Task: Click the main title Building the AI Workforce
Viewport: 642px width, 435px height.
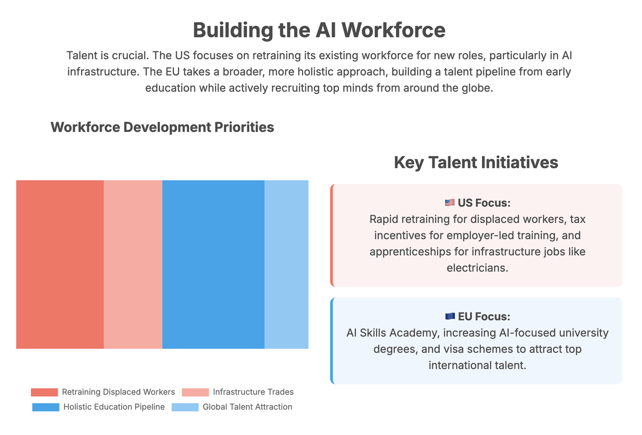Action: pyautogui.click(x=319, y=30)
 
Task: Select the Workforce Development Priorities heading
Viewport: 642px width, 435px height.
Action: pyautogui.click(x=162, y=127)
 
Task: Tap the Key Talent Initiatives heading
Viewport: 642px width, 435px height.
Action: pyautogui.click(x=476, y=163)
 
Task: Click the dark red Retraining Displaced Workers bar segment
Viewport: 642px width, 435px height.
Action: pyautogui.click(x=60, y=264)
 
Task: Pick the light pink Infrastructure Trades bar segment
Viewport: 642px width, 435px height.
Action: pyautogui.click(x=133, y=264)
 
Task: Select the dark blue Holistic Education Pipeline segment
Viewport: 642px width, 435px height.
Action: pyautogui.click(x=213, y=264)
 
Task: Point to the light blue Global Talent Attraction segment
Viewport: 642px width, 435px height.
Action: pyautogui.click(x=286, y=264)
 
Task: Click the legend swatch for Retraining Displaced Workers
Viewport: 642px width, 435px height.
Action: pyautogui.click(x=44, y=392)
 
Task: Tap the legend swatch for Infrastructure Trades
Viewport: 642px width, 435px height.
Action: pyautogui.click(x=195, y=392)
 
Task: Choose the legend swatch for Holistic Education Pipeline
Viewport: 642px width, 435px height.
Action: pyautogui.click(x=46, y=407)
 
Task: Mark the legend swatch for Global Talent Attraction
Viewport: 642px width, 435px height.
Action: pyautogui.click(x=185, y=407)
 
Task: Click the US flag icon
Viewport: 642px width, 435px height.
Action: pyautogui.click(x=450, y=203)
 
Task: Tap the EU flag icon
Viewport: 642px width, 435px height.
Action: pyautogui.click(x=450, y=316)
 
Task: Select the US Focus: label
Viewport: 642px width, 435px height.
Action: pyautogui.click(x=484, y=203)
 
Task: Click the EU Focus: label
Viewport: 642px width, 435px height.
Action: pyautogui.click(x=484, y=317)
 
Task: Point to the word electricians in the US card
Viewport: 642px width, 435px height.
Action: pyautogui.click(x=477, y=268)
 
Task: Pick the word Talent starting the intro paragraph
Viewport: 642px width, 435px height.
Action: pyautogui.click(x=82, y=56)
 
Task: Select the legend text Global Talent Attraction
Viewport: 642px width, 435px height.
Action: pyautogui.click(x=247, y=407)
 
